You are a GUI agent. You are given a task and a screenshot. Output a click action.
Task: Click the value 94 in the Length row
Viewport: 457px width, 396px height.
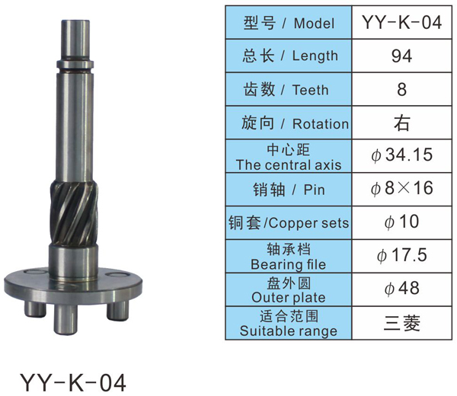[401, 56]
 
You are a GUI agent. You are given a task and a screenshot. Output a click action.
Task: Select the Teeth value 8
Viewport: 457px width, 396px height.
[401, 89]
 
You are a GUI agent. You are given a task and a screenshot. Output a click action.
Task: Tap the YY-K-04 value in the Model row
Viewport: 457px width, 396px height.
[401, 22]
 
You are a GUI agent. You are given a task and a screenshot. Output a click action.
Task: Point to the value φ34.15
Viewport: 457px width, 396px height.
[401, 155]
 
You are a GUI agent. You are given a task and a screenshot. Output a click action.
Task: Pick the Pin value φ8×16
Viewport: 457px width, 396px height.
[401, 188]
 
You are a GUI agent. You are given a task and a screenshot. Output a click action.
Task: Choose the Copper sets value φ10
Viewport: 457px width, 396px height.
[401, 222]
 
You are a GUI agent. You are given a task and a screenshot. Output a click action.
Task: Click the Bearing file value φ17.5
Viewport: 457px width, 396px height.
[401, 255]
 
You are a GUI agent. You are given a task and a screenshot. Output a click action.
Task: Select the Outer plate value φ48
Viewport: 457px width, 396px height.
[401, 289]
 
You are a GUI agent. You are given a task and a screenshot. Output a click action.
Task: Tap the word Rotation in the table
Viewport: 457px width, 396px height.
[321, 124]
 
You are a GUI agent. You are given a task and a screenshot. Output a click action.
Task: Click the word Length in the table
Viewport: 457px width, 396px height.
[315, 56]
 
